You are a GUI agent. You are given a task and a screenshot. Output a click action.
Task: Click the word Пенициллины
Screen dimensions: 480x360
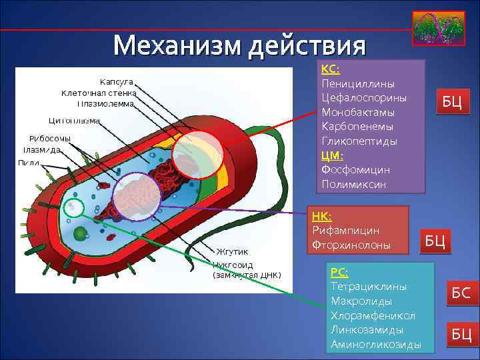(x=357, y=83)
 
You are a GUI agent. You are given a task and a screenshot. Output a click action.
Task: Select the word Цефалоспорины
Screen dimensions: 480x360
(x=363, y=97)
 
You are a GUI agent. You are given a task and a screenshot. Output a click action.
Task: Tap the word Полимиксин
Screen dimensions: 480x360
(x=353, y=184)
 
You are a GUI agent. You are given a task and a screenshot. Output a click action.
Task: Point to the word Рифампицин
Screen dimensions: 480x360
(x=345, y=230)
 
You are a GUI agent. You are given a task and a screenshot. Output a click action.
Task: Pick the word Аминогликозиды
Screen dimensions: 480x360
(x=375, y=345)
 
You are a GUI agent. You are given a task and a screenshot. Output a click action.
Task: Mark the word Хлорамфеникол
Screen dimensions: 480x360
(x=373, y=315)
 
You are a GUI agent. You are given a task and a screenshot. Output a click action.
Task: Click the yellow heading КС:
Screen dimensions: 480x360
(x=331, y=69)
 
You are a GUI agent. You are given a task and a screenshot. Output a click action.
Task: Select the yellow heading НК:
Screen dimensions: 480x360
(x=321, y=215)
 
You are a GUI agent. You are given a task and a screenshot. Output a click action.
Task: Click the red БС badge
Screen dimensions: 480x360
(x=461, y=292)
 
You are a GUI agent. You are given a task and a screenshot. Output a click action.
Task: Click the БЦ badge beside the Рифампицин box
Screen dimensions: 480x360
(x=435, y=240)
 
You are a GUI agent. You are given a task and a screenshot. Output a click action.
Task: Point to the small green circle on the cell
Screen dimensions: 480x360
(x=75, y=208)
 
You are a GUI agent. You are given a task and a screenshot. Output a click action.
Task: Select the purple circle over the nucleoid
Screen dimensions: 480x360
(x=137, y=197)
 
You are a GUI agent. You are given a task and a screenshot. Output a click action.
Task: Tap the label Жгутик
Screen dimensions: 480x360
(x=231, y=251)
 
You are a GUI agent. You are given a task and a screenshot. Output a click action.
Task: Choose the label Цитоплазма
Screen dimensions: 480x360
(x=74, y=121)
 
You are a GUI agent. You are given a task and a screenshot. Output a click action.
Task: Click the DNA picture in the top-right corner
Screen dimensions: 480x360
(x=438, y=29)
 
